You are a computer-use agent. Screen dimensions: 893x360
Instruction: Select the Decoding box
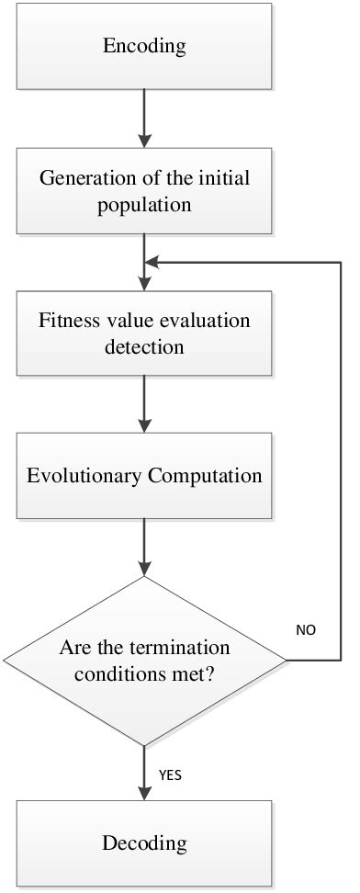coord(144,842)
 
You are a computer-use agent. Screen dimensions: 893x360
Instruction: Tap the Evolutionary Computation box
coord(144,476)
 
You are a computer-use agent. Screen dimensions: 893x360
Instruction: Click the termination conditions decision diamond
coord(144,659)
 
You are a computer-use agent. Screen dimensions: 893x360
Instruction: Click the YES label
coord(170,774)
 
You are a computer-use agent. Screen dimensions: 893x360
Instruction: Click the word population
coord(144,204)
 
